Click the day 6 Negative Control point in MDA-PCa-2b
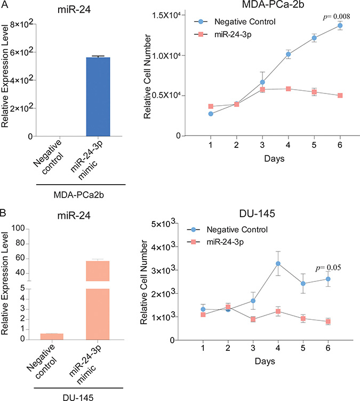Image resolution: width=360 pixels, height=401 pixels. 340,26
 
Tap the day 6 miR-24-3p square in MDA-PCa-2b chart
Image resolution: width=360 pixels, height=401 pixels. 340,96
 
